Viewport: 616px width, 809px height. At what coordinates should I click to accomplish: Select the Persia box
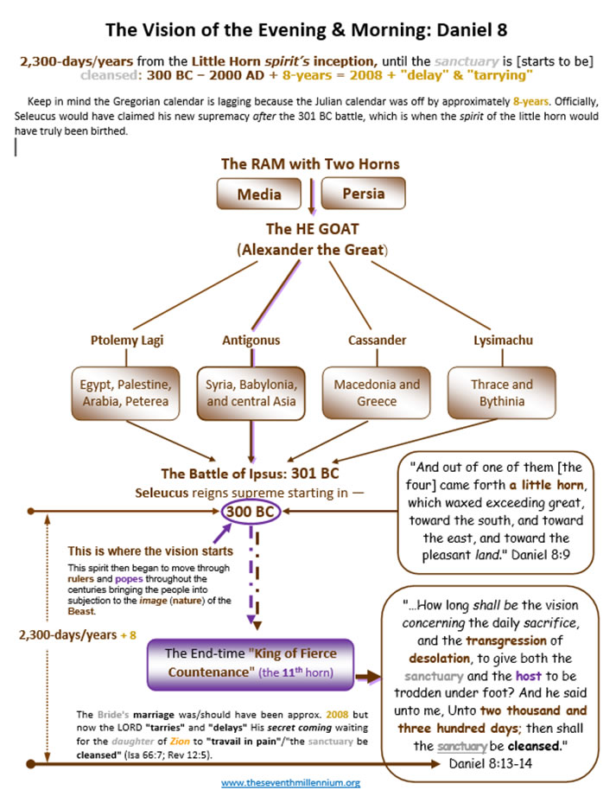(x=363, y=194)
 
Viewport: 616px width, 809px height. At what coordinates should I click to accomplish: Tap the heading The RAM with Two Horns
(x=310, y=163)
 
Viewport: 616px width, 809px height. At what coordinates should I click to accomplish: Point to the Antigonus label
(x=251, y=340)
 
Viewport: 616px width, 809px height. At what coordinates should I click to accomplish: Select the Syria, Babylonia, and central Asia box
(x=251, y=392)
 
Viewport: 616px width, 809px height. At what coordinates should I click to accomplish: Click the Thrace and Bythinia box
(x=502, y=392)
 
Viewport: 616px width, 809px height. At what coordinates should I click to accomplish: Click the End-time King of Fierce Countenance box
(x=250, y=664)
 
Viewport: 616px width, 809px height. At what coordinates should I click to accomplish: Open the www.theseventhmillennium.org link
(x=290, y=782)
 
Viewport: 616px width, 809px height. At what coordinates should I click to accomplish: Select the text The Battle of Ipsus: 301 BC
(x=251, y=474)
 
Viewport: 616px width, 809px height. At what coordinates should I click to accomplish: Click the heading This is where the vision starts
(x=149, y=551)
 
